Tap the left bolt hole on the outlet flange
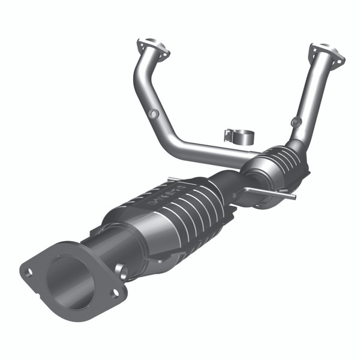[x=28, y=272]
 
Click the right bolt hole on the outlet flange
[x=115, y=292]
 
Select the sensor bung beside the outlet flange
[x=122, y=271]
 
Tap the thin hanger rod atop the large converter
[x=180, y=179]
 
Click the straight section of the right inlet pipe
[x=312, y=96]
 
